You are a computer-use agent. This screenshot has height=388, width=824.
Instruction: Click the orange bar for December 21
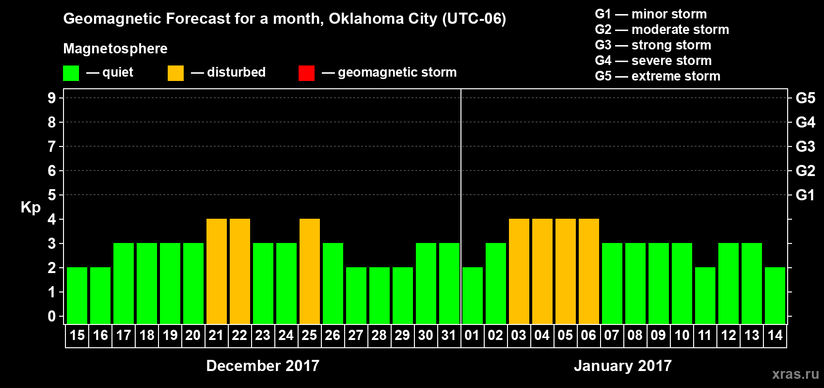pos(216,271)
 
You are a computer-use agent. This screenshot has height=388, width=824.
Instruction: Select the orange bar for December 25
pos(309,271)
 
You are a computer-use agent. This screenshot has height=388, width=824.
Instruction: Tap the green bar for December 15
pos(77,295)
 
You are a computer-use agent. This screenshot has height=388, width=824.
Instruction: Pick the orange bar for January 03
pos(519,271)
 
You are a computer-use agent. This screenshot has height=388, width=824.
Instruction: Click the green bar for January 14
pos(775,295)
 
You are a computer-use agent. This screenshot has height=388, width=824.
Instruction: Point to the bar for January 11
pos(705,295)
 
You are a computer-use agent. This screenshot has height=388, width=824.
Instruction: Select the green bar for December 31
pos(449,283)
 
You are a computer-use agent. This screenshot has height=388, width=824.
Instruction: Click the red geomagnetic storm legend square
pos(306,73)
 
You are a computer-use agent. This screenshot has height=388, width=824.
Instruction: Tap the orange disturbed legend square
pos(175,73)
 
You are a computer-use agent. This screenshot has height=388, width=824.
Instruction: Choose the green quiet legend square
pos(71,73)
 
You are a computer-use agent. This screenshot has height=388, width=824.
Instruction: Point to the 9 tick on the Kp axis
pos(52,98)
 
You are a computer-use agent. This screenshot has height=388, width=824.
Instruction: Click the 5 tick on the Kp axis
pos(52,195)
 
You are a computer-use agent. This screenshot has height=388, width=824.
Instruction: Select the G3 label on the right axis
pos(805,146)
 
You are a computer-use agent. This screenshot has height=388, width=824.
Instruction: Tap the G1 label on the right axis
pos(805,195)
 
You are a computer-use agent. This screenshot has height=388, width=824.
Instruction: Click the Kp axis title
pos(31,208)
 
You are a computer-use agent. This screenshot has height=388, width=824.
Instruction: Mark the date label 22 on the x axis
pos(239,336)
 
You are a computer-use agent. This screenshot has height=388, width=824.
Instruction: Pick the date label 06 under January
pos(588,336)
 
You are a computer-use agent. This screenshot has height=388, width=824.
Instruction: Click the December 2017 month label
pos(263,366)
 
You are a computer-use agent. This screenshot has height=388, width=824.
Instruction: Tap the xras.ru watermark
pos(795,374)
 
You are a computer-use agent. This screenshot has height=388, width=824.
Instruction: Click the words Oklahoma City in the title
pos(383,19)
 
